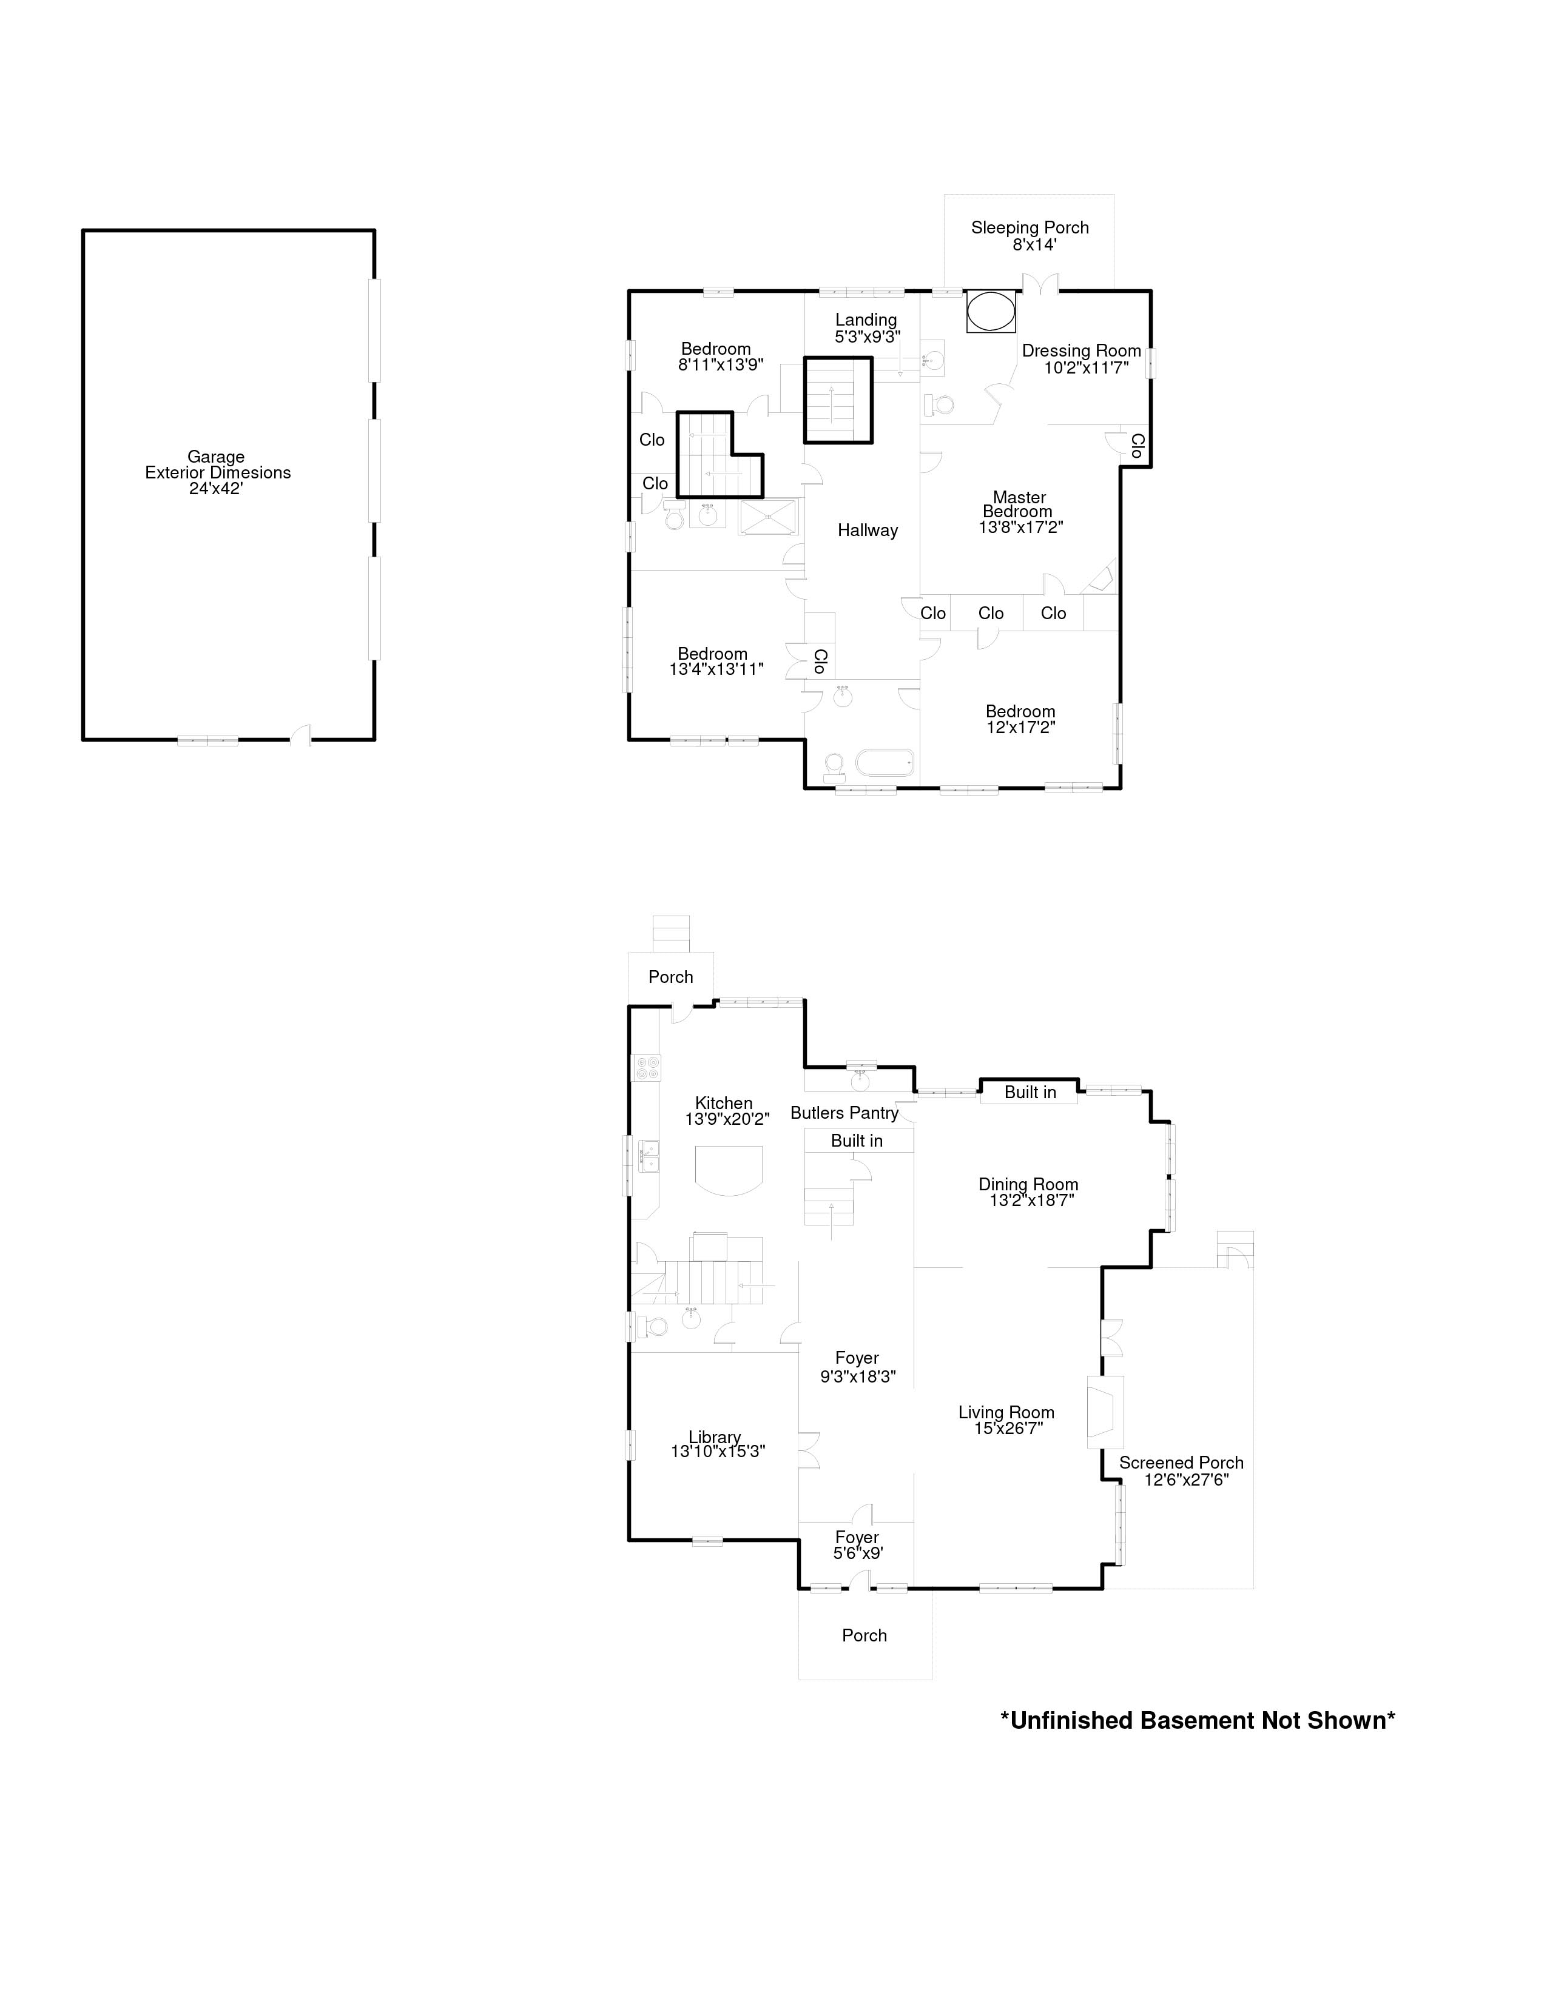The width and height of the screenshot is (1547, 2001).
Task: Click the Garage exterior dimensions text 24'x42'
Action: [x=217, y=488]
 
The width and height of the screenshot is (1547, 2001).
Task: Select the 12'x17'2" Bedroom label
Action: [x=1021, y=719]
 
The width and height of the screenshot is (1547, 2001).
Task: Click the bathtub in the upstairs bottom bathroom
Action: [x=885, y=762]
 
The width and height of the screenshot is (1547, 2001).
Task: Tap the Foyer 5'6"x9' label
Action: [x=858, y=1546]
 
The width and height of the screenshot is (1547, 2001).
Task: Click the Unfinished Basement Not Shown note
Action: [x=1197, y=1721]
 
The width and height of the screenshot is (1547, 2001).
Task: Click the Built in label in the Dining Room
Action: [x=1030, y=1092]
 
